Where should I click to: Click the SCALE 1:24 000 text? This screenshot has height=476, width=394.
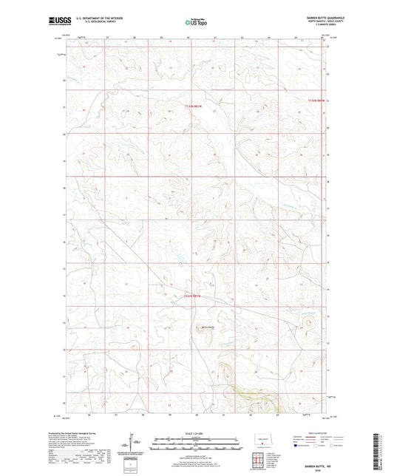point(196,433)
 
